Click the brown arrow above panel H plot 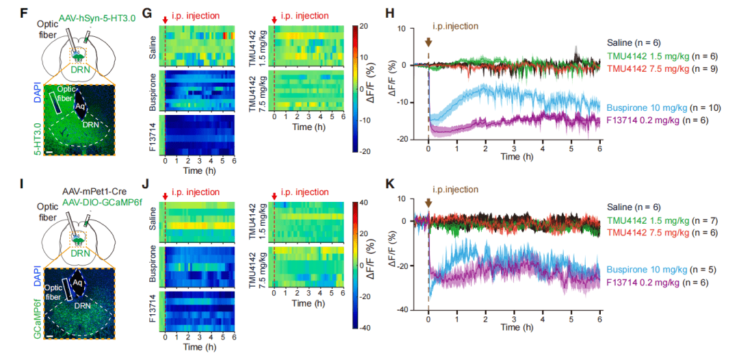coord(428,40)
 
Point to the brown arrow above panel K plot coord(428,203)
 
